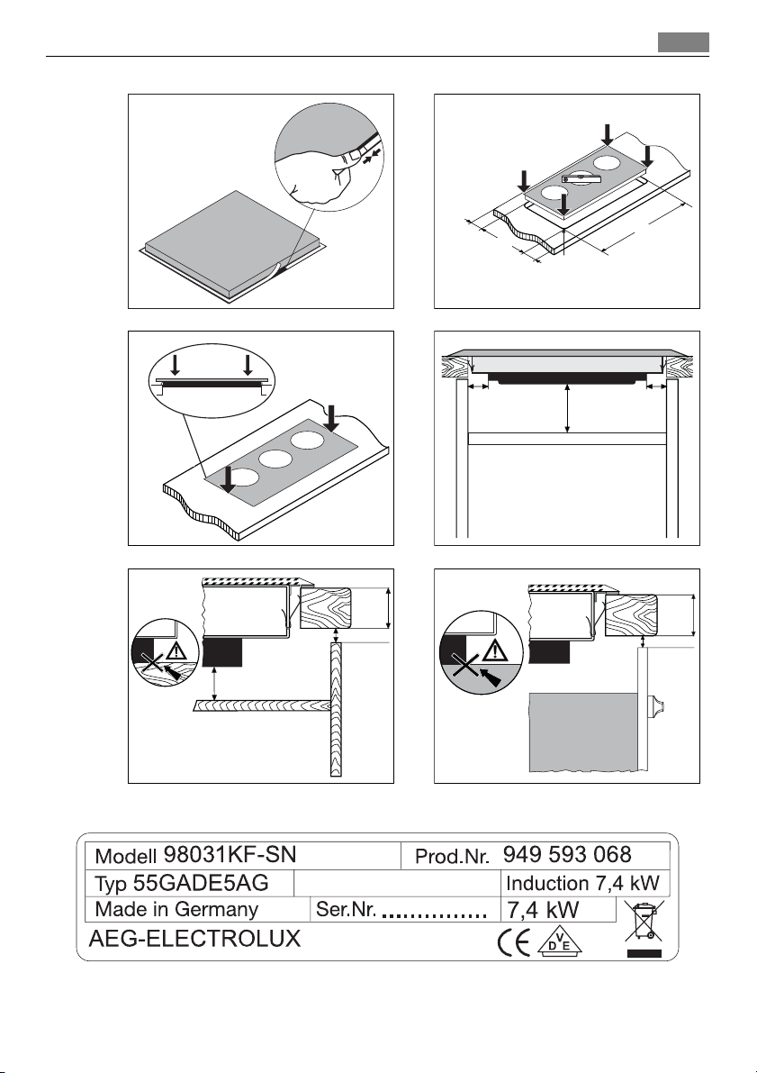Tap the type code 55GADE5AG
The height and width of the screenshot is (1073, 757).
pyautogui.click(x=187, y=881)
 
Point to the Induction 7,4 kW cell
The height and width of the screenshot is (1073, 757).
pyautogui.click(x=584, y=881)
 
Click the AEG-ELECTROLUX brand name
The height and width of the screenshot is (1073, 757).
pyautogui.click(x=194, y=941)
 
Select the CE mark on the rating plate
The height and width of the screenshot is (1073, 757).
pyautogui.click(x=513, y=942)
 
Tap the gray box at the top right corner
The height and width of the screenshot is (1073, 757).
pyautogui.click(x=682, y=42)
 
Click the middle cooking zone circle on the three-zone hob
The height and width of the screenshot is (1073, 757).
pyautogui.click(x=275, y=458)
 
